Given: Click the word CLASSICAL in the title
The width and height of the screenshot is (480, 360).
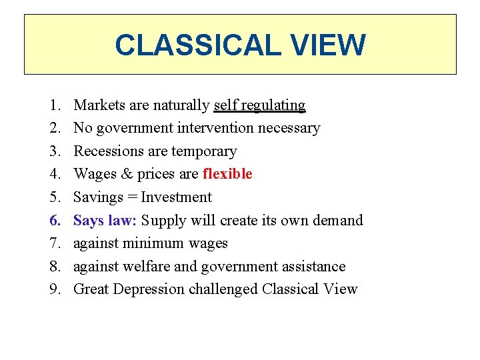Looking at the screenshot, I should click(x=195, y=45).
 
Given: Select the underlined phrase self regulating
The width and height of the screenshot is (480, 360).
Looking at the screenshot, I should click(x=259, y=105).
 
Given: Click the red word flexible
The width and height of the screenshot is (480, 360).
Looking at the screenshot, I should click(x=227, y=174).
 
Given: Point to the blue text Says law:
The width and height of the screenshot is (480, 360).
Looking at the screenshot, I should click(x=105, y=220).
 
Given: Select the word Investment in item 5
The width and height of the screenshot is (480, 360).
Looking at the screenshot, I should click(x=176, y=197).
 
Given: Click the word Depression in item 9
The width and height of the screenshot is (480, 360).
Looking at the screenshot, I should click(x=147, y=289).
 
